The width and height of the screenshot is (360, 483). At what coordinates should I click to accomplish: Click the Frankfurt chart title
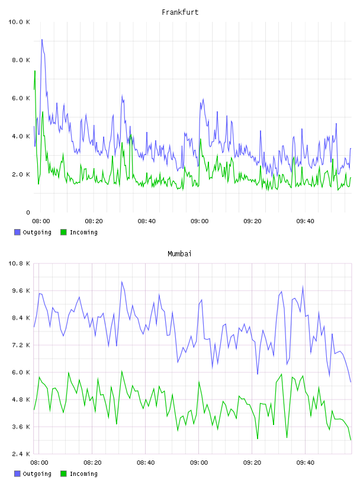pos(180,12)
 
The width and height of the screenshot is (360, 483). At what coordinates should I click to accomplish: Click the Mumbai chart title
pos(179,254)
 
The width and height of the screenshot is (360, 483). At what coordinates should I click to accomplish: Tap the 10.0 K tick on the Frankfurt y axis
pos(19,22)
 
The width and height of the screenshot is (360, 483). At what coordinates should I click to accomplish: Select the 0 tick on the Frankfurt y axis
pos(28,212)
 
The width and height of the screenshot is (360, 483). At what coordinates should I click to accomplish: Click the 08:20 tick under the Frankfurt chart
pos(94,221)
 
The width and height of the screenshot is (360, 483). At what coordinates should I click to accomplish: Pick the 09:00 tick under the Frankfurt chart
pos(200,221)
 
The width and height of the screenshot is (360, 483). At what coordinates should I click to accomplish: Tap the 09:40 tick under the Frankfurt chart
pos(305,221)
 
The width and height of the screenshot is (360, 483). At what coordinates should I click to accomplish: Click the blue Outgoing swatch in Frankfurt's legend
pos(17,232)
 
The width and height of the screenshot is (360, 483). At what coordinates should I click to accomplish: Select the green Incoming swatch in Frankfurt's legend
pos(63,232)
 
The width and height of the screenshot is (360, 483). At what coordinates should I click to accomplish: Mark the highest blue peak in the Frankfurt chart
pos(42,40)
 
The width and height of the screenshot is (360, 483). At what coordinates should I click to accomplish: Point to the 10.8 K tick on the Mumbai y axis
pos(19,263)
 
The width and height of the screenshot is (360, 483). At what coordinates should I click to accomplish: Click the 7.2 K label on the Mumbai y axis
pos(21,345)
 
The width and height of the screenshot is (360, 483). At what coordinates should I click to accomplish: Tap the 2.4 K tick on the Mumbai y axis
pos(21,454)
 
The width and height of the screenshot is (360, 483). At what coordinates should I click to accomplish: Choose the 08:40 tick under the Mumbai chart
pos(146,463)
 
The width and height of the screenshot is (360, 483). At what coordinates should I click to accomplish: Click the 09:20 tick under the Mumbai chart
pos(252,463)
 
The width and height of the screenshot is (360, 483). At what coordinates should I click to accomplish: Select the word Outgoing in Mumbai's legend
pos(37,474)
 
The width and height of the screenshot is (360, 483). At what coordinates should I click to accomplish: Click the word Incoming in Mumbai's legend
pos(83,474)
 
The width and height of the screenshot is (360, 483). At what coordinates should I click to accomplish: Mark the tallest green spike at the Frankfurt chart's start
pos(35,71)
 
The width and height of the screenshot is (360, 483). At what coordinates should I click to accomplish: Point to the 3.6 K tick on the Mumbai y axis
pos(21,427)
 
